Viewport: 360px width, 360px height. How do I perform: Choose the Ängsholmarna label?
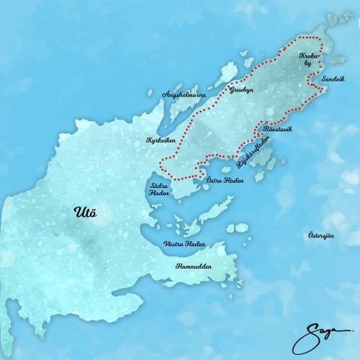click(184, 95)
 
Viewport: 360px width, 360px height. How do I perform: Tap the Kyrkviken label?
click(161, 140)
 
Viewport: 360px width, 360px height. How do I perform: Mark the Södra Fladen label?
click(158, 189)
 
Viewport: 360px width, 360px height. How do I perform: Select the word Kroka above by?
click(308, 55)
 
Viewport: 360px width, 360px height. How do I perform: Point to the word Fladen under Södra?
click(158, 193)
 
